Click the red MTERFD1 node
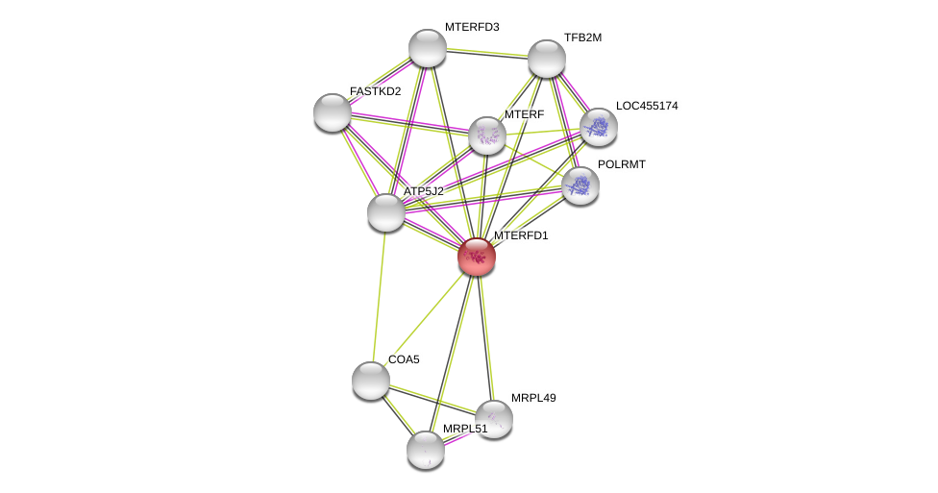(x=477, y=257)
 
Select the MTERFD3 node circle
(x=428, y=48)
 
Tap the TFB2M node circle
(x=547, y=59)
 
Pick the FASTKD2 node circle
(x=333, y=112)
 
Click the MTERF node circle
(x=487, y=136)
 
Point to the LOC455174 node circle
(x=599, y=127)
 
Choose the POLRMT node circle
(x=580, y=185)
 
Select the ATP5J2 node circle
(x=386, y=212)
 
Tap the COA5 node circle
(x=371, y=381)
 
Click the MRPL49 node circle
(x=494, y=419)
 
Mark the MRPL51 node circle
(x=426, y=450)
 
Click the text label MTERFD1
(x=521, y=235)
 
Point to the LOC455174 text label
(x=647, y=106)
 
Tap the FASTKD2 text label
(x=376, y=91)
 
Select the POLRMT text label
(x=622, y=164)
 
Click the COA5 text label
(x=404, y=359)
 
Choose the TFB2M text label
(x=582, y=37)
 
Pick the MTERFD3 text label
(x=472, y=27)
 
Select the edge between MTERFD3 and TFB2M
(x=487, y=53)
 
